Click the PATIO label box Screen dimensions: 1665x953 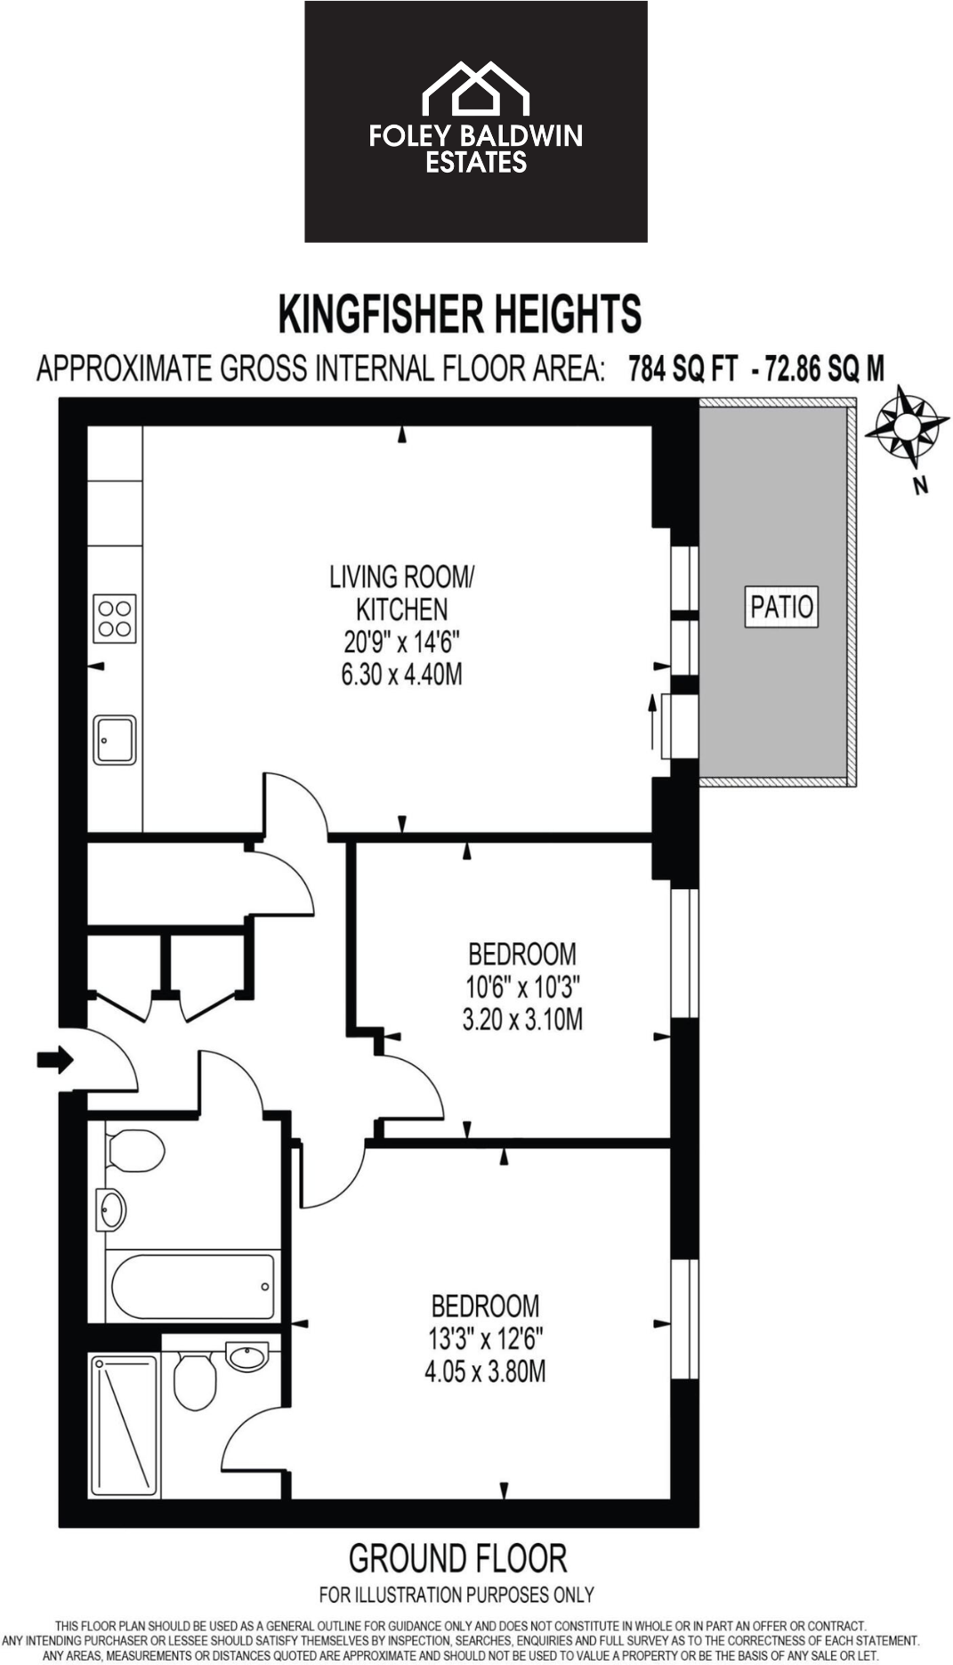click(781, 607)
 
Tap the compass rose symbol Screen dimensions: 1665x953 click(906, 426)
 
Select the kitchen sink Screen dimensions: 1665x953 click(116, 740)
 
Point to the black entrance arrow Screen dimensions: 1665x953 click(55, 1059)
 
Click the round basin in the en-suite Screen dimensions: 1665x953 click(246, 1357)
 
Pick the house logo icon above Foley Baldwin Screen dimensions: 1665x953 click(475, 89)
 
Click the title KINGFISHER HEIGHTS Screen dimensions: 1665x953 click(459, 314)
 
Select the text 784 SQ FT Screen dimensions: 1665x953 click(682, 368)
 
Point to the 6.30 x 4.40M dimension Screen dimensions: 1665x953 click(401, 675)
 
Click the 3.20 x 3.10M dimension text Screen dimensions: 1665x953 click(522, 1019)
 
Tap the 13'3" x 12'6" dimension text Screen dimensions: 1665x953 click(485, 1338)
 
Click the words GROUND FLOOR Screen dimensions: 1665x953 click(457, 1559)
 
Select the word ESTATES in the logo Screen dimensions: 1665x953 click(476, 162)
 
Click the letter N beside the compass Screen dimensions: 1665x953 click(921, 486)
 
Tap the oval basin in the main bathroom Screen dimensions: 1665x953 click(112, 1209)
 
